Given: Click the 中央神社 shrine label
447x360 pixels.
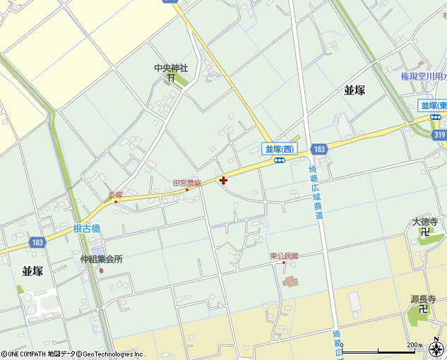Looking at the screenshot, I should pos(172,68).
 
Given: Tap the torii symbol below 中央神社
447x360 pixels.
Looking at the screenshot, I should pos(171,78).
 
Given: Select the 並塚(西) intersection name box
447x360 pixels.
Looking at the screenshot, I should pos(280,148).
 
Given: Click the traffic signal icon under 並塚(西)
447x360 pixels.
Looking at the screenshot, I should pos(280,160).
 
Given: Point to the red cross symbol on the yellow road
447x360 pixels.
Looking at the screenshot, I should pos(224,181).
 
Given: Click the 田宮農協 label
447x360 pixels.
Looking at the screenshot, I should pos(187,183).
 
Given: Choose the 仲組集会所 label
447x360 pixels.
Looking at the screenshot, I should pos(101,259).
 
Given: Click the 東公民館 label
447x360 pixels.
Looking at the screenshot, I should pos(284,256).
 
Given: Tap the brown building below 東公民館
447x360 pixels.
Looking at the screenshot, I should pos(290,282).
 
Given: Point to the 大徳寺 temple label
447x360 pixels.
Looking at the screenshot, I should pos(425,222).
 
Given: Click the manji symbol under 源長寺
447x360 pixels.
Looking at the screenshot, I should pos(422,308).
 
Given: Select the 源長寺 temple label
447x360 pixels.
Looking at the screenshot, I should pos(424,299).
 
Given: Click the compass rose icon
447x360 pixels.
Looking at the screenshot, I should pos(436,349).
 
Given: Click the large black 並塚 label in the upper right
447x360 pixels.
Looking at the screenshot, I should pos(355,90).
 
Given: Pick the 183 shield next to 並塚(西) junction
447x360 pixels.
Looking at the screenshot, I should pos(319,150).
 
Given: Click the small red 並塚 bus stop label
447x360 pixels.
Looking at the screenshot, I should pos(116,193).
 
